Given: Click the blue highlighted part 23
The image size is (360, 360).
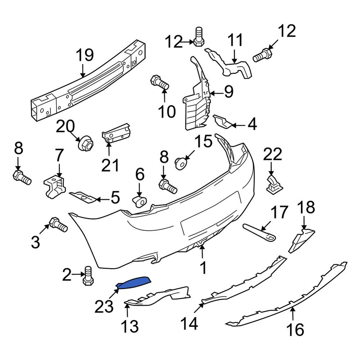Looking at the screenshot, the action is click(x=133, y=282).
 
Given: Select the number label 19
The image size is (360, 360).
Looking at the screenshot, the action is click(x=85, y=55).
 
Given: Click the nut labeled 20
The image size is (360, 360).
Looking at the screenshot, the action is click(x=86, y=143).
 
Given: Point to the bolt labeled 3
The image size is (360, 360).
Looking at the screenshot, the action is click(x=58, y=224).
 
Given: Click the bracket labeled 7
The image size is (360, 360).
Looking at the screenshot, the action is click(x=55, y=186).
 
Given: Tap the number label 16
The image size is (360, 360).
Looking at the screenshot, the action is click(x=295, y=329).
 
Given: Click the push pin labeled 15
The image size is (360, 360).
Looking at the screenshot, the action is click(x=181, y=163).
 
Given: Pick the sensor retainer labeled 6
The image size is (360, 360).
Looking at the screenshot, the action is click(x=140, y=201).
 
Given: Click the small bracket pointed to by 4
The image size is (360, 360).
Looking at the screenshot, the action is click(x=222, y=122).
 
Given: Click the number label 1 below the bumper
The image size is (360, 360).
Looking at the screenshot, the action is click(x=203, y=267).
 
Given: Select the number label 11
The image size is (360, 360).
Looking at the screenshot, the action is click(x=235, y=40).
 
